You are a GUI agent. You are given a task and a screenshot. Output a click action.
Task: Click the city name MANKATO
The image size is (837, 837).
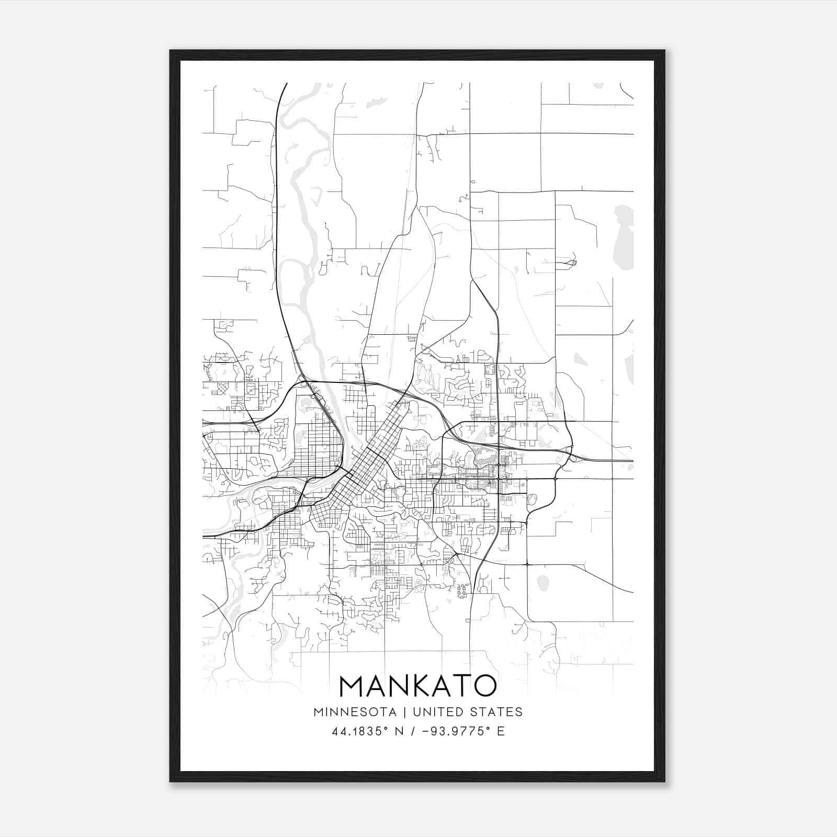pyautogui.click(x=417, y=686)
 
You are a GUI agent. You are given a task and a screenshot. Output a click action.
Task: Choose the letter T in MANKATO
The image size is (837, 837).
pyautogui.click(x=460, y=686)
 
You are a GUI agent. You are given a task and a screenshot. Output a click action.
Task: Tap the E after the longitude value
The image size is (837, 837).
pyautogui.click(x=501, y=731)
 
